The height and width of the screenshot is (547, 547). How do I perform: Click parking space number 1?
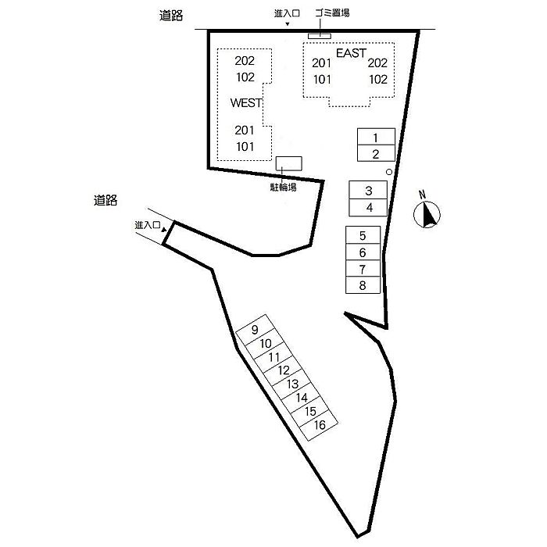pyautogui.click(x=375, y=138)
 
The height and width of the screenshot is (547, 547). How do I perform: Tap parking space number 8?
pyautogui.click(x=363, y=284)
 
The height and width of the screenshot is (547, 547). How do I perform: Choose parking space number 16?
pyautogui.click(x=319, y=425)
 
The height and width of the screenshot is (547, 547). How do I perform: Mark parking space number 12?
pyautogui.click(x=284, y=370)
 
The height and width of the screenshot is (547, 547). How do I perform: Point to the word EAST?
pyautogui.click(x=351, y=53)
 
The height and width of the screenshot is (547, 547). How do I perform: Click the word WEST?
pyautogui.click(x=245, y=102)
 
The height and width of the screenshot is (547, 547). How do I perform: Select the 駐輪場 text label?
pyautogui.click(x=283, y=188)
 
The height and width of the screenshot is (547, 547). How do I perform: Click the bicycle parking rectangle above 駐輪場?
pyautogui.click(x=288, y=163)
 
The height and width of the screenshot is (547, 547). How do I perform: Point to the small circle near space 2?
pyautogui.click(x=389, y=172)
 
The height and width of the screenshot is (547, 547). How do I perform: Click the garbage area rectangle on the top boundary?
pyautogui.click(x=320, y=34)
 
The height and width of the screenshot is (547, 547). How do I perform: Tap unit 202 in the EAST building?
pyautogui.click(x=377, y=63)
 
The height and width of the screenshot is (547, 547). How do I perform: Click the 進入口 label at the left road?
pyautogui.click(x=146, y=225)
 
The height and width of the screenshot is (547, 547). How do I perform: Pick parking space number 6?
pyautogui.click(x=363, y=252)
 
